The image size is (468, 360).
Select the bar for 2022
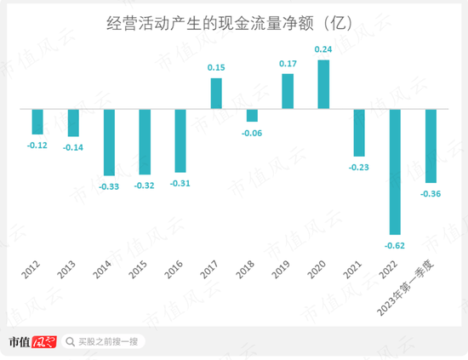(395, 172)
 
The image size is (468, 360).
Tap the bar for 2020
(323, 85)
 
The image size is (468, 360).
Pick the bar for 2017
(216, 94)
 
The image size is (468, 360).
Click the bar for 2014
(109, 143)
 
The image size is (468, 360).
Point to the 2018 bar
(252, 116)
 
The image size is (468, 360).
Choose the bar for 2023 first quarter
(431, 146)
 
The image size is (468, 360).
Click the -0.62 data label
(396, 245)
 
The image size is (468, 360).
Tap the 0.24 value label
(323, 50)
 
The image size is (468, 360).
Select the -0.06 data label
(252, 133)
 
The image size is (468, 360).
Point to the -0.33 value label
(109, 186)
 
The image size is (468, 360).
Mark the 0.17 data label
(288, 64)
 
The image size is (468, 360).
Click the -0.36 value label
(431, 194)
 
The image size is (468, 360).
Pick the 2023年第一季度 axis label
(407, 285)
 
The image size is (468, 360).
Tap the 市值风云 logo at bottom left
(31, 341)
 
